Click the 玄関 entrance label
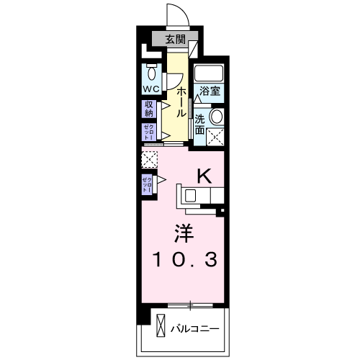pyautogui.click(x=175, y=40)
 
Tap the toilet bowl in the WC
pyautogui.click(x=152, y=73)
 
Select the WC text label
pyautogui.click(x=150, y=89)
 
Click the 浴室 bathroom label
pyautogui.click(x=210, y=91)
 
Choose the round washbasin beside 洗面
pyautogui.click(x=217, y=117)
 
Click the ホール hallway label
pyautogui.click(x=181, y=99)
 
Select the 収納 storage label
pyautogui.click(x=148, y=108)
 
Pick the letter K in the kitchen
pyautogui.click(x=204, y=175)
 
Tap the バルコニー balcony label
pyautogui.click(x=195, y=329)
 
